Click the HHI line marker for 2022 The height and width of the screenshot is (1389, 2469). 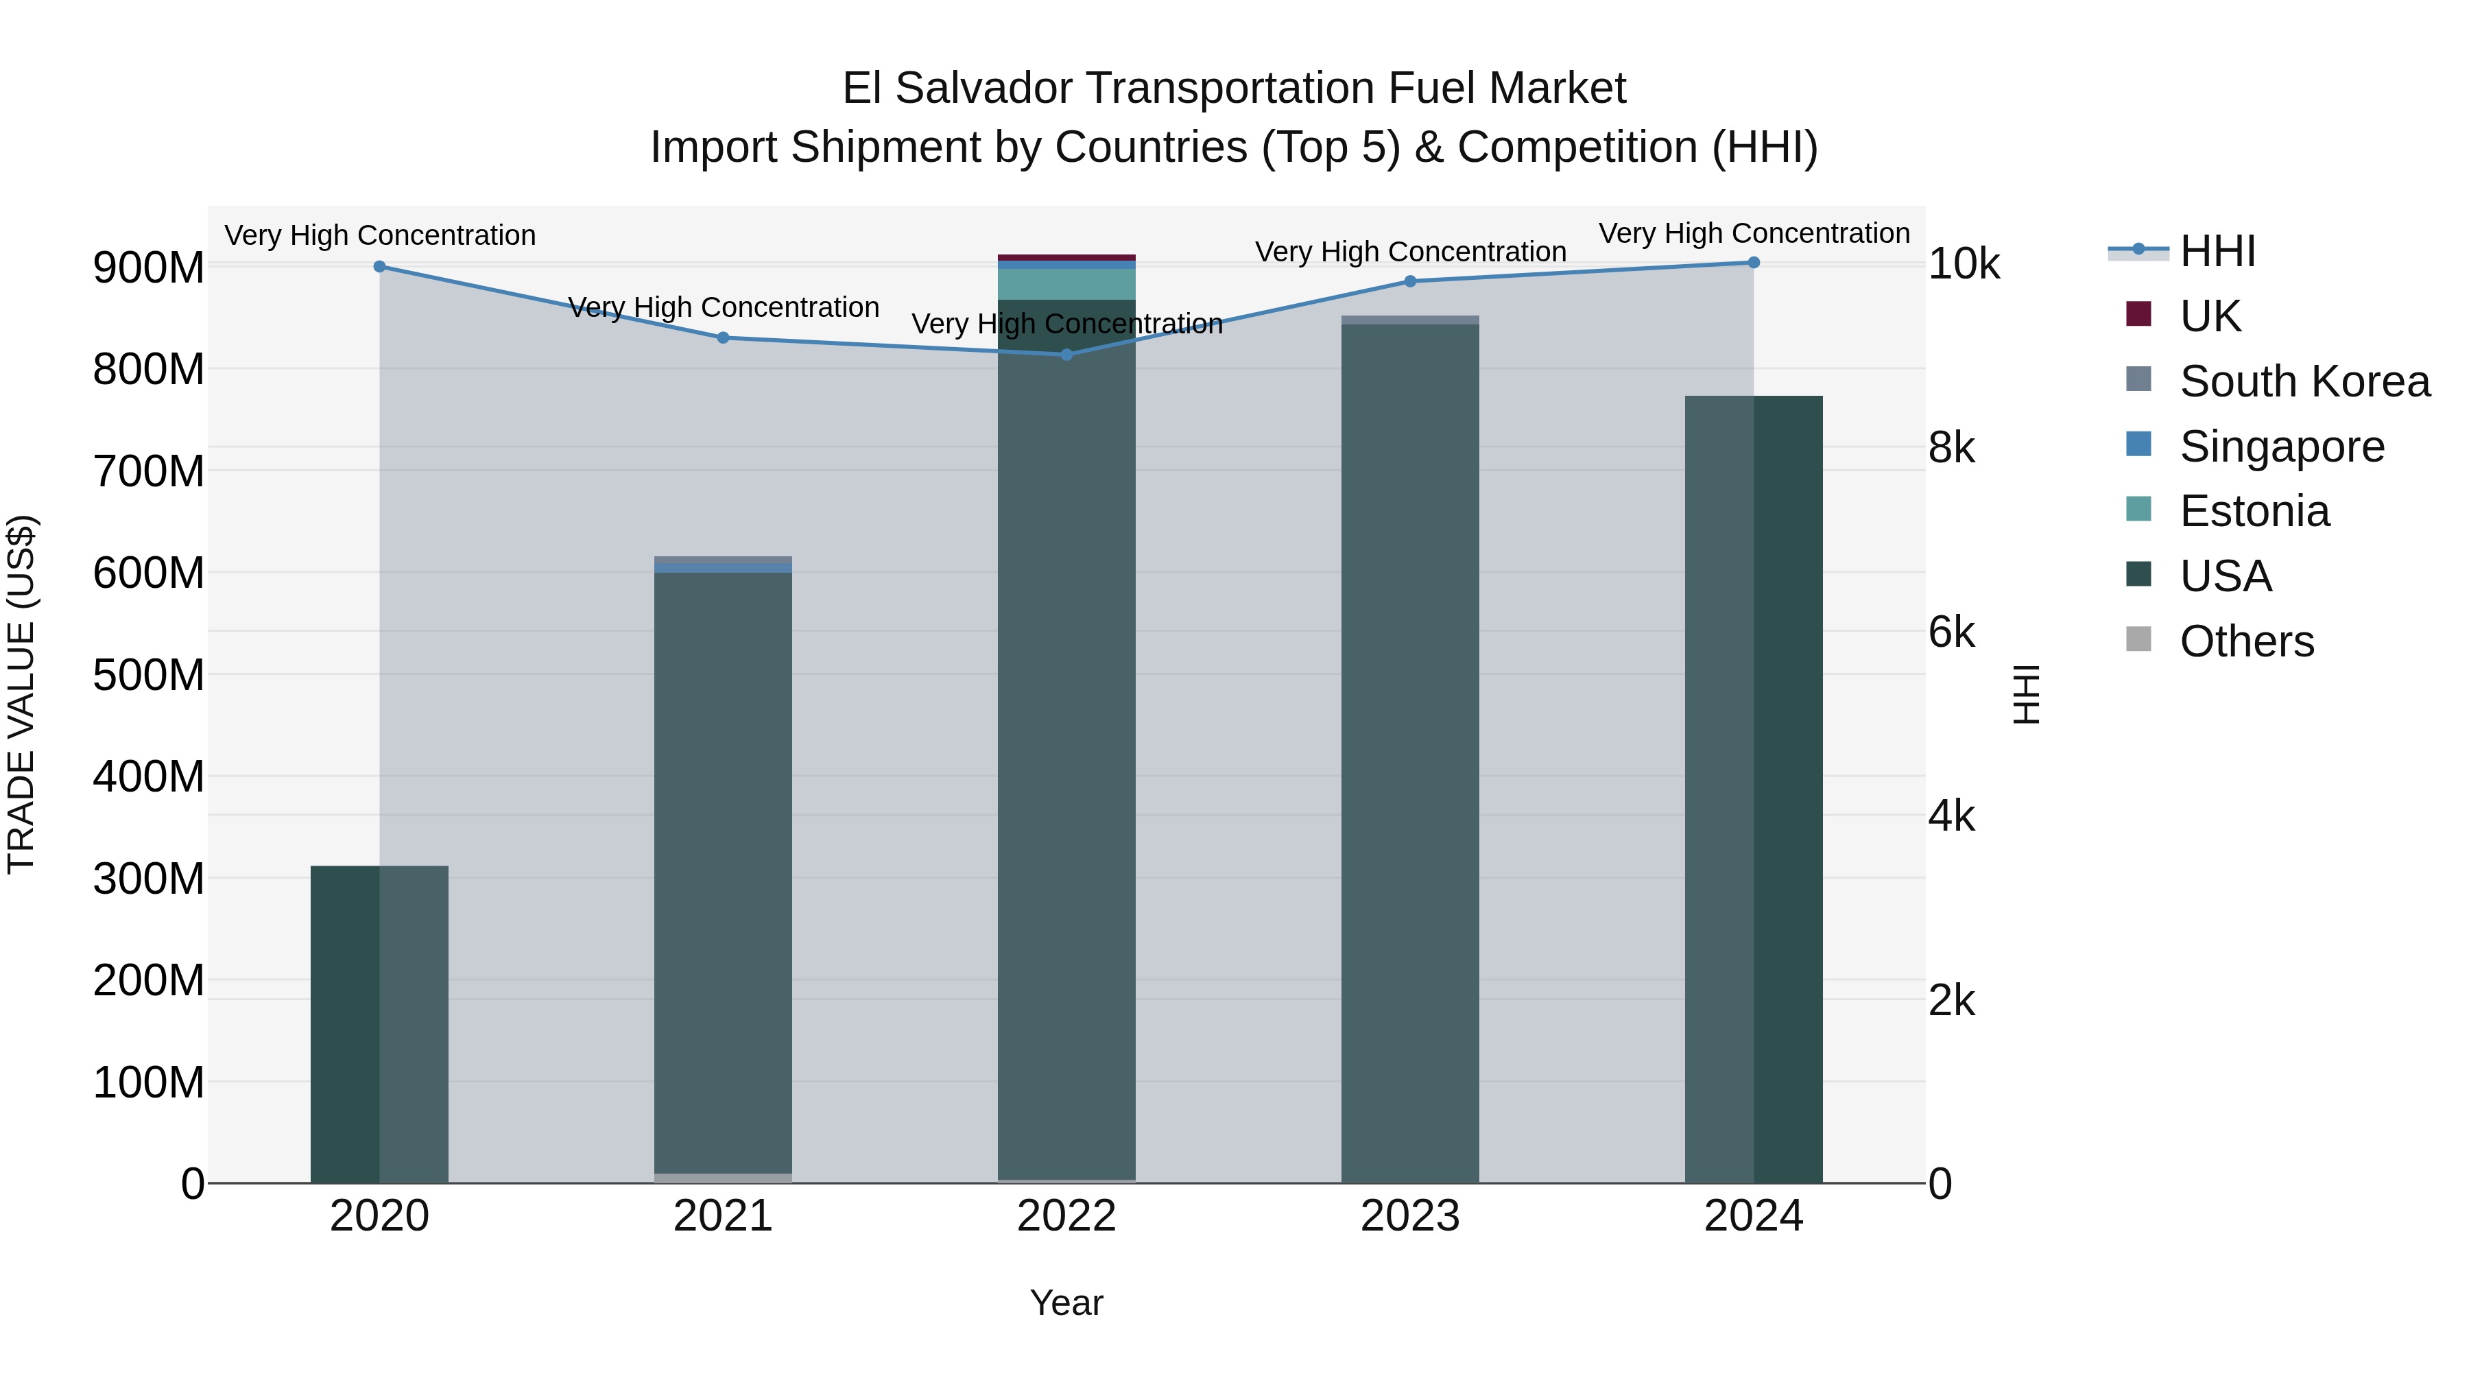click(x=1066, y=355)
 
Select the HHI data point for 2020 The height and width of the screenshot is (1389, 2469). click(x=379, y=267)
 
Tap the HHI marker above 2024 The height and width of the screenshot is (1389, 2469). click(x=1753, y=263)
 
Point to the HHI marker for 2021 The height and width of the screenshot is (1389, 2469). click(x=723, y=337)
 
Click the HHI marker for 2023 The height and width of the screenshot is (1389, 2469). click(x=1410, y=281)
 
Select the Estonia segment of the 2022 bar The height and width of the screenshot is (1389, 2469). click(x=1066, y=284)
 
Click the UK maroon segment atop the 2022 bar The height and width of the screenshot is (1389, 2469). click(x=1066, y=258)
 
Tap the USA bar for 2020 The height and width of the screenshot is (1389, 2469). click(x=379, y=1025)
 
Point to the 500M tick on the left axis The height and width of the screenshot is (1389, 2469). click(x=149, y=675)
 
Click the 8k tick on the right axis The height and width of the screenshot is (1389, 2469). click(x=1951, y=448)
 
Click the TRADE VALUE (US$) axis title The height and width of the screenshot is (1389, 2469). click(x=21, y=694)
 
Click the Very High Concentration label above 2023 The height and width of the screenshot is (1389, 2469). click(x=1410, y=252)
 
